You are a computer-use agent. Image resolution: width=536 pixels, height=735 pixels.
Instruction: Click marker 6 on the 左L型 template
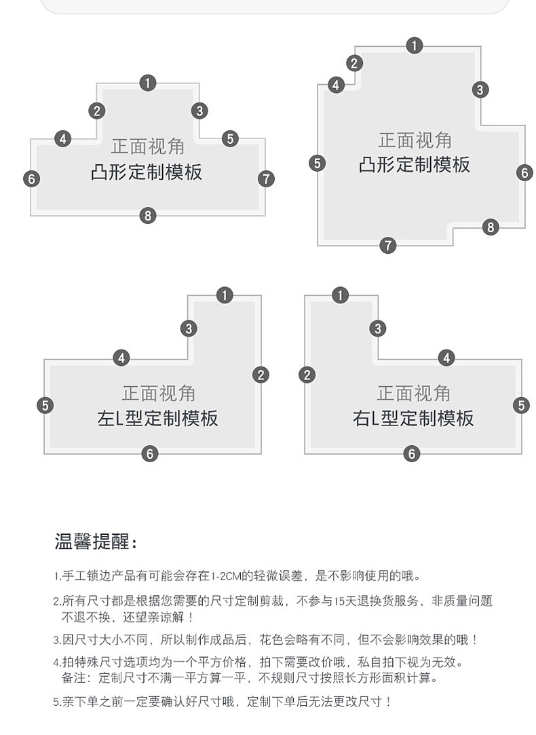coord(150,453)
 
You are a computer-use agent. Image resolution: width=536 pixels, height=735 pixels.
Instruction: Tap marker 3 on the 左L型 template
coord(189,328)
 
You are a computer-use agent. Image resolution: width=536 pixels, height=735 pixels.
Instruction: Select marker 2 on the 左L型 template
coord(261,375)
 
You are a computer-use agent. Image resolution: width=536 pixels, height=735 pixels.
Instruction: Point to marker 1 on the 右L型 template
coord(341,295)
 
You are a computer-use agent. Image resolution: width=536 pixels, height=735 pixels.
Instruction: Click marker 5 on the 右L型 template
coord(520,405)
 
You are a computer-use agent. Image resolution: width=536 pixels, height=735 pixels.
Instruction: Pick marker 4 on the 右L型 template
coord(446,358)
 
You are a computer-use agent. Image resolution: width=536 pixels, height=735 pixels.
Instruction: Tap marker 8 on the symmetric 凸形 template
coord(148,216)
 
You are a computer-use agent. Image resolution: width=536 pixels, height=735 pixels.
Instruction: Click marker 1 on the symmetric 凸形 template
coord(148,83)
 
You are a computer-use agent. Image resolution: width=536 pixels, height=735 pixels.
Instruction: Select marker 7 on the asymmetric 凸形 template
coord(387,245)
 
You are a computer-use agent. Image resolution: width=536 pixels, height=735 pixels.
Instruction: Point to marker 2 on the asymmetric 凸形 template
coord(354,64)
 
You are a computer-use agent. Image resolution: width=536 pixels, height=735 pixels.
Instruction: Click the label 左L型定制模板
coord(157,418)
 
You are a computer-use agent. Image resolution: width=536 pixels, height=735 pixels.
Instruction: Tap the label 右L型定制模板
coord(413,418)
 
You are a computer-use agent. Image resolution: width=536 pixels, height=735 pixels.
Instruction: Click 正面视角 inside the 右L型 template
coord(413,394)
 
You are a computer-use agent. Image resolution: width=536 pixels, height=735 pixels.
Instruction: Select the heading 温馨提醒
coord(96,542)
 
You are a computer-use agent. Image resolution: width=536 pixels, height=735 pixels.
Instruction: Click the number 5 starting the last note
coord(57,702)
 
